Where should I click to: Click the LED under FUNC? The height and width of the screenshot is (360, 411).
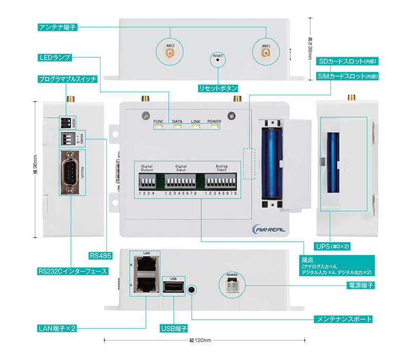[x=158, y=127]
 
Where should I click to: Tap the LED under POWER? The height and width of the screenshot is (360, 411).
[x=214, y=127]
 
